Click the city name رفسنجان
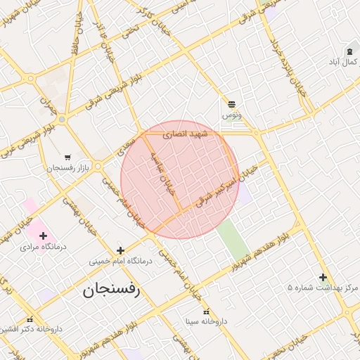pyautogui.click(x=111, y=289)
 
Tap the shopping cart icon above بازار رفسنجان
pyautogui.click(x=67, y=157)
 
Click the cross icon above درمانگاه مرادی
pyautogui.click(x=43, y=236)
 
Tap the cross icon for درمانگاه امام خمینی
pyautogui.click(x=120, y=250)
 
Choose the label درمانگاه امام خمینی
pyautogui.click(x=120, y=261)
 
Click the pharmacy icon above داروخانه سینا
pyautogui.click(x=206, y=311)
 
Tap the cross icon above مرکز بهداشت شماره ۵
pyautogui.click(x=323, y=277)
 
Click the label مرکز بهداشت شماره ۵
pyautogui.click(x=323, y=288)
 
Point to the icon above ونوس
pyautogui.click(x=232, y=103)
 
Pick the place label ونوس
pyautogui.click(x=232, y=114)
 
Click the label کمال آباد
pyautogui.click(x=344, y=63)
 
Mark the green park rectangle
pyautogui.click(x=232, y=239)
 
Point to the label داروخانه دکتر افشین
pyautogui.click(x=30, y=329)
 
